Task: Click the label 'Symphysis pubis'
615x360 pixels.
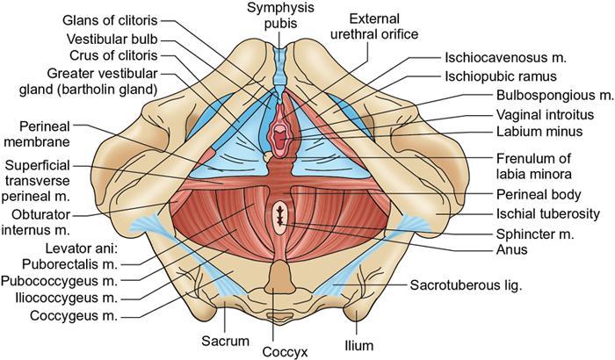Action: pyautogui.click(x=282, y=16)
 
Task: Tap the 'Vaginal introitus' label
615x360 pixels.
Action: pyautogui.click(x=517, y=115)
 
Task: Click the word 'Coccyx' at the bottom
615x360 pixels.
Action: pyautogui.click(x=283, y=349)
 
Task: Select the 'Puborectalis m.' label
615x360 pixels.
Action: pyautogui.click(x=77, y=265)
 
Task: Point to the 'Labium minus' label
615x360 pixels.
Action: pyautogui.click(x=509, y=133)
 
